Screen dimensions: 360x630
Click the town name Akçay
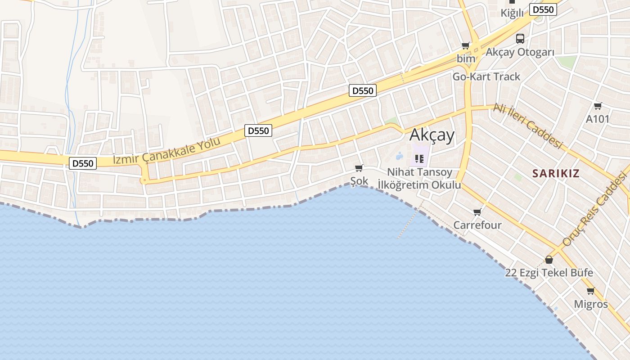(432, 135)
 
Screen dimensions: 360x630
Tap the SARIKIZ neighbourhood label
(556, 173)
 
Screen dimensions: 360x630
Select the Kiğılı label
(512, 13)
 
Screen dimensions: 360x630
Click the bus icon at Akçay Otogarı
(520, 39)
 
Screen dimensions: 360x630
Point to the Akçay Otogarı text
(520, 52)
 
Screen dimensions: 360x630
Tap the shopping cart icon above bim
(466, 45)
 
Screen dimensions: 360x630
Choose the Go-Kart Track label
(486, 76)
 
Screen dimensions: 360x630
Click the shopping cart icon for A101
(598, 106)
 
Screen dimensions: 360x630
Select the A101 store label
(598, 119)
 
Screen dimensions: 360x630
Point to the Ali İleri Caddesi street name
(528, 126)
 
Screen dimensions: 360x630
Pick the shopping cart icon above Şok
(359, 168)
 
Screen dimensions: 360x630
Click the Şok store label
(359, 181)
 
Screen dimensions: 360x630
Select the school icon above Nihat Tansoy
(419, 158)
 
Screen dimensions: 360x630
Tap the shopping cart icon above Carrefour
(477, 212)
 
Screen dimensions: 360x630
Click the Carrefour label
(477, 225)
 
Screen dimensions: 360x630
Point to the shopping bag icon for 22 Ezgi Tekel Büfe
(549, 260)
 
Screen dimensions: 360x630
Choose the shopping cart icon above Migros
(590, 291)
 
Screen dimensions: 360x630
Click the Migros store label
(590, 304)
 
